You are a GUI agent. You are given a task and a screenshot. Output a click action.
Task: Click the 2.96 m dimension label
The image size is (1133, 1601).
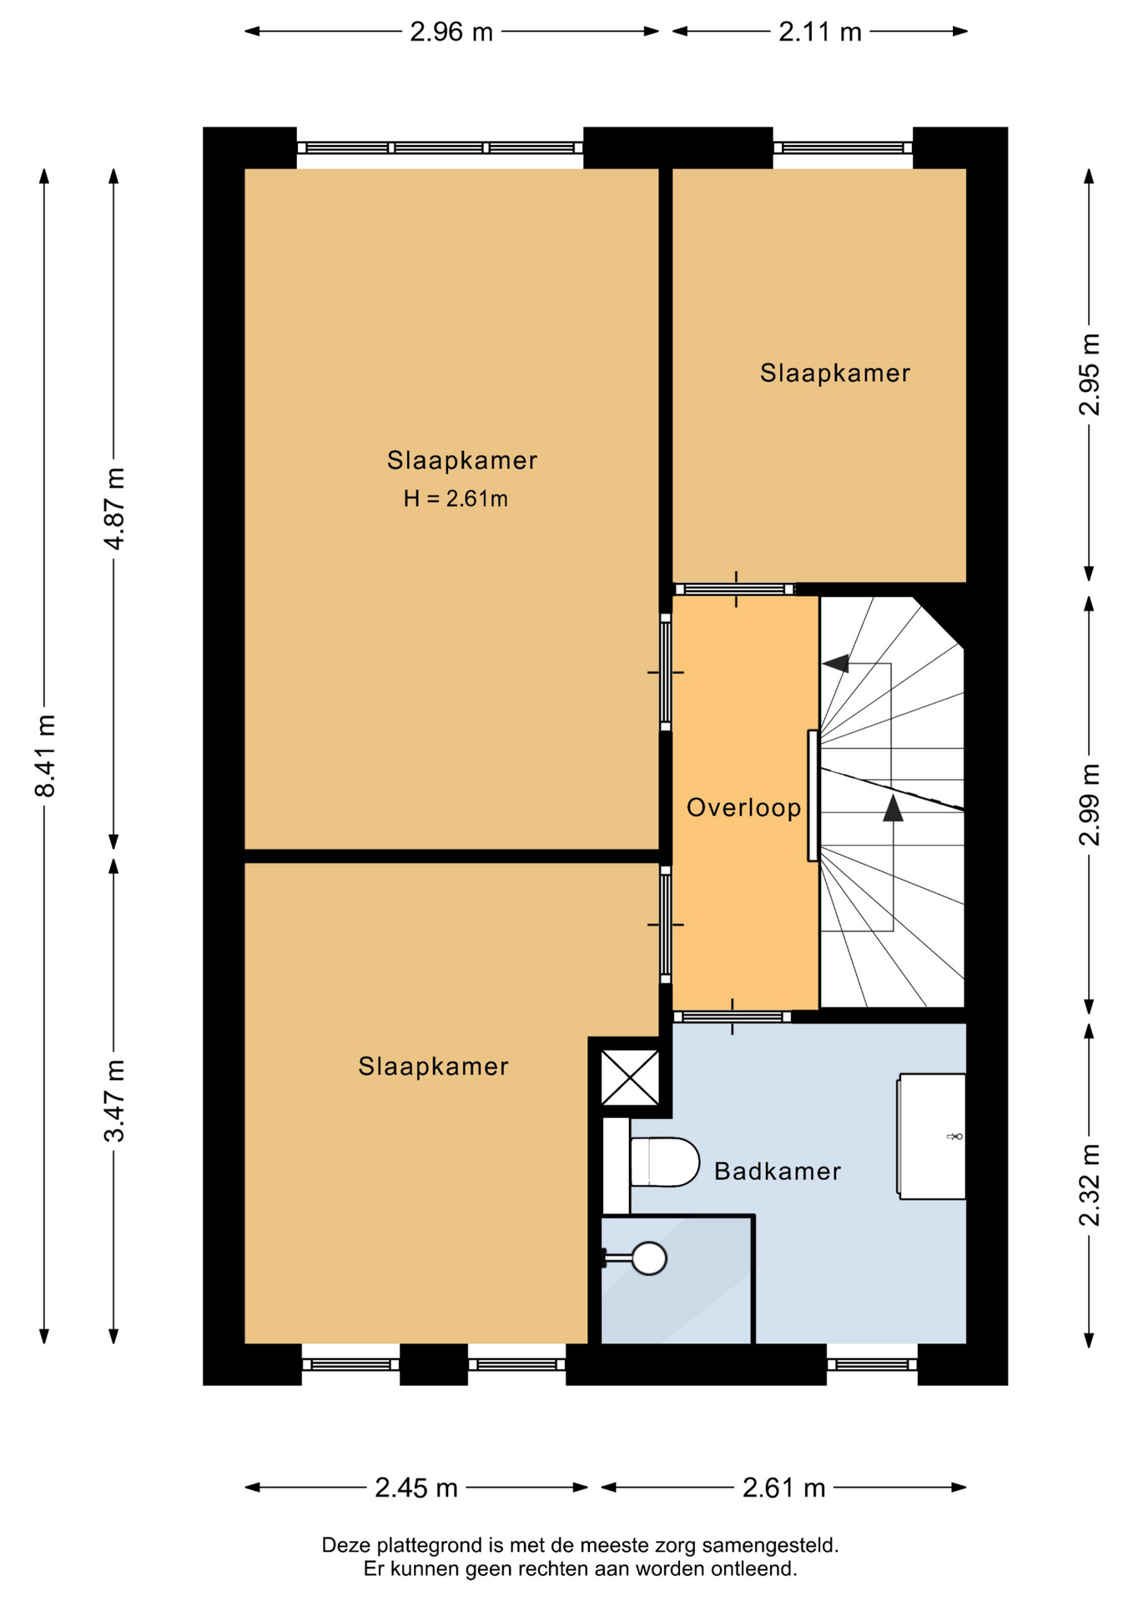(451, 32)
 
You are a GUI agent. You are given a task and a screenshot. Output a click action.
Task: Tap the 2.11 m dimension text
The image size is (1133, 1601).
(820, 32)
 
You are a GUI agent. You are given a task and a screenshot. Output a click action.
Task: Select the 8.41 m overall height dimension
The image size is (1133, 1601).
(45, 755)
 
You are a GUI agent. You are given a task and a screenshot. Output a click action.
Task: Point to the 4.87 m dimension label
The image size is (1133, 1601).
(114, 509)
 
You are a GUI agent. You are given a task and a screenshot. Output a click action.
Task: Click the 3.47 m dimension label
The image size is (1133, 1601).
(114, 1101)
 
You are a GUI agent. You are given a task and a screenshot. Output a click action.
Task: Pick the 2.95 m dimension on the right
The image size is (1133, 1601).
(1090, 374)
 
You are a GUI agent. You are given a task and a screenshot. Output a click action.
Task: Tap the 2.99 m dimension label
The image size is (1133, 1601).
(1090, 804)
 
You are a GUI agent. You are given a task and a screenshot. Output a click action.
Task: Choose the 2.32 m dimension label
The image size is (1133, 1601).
(1090, 1185)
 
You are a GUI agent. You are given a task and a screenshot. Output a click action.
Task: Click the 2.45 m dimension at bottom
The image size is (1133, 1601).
(416, 1487)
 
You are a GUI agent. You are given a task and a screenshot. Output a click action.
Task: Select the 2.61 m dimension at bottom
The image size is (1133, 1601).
(784, 1487)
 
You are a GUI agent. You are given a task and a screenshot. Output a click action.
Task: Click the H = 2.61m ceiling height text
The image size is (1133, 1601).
(456, 499)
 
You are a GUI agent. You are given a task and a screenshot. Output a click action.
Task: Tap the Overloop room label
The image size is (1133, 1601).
(744, 807)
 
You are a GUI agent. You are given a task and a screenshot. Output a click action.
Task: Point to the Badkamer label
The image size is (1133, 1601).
(778, 1172)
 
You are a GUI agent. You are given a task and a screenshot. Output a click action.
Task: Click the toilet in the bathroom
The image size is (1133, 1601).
(664, 1162)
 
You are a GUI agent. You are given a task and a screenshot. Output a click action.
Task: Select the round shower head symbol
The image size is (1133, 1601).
(649, 1258)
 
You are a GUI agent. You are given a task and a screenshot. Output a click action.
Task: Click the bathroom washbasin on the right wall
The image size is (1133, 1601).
(931, 1136)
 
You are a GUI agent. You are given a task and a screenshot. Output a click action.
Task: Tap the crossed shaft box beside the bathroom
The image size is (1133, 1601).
(630, 1078)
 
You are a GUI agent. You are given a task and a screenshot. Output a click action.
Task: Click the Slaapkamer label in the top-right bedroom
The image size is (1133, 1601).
(835, 373)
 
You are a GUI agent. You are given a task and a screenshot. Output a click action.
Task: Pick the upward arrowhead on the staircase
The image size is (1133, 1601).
(893, 808)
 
